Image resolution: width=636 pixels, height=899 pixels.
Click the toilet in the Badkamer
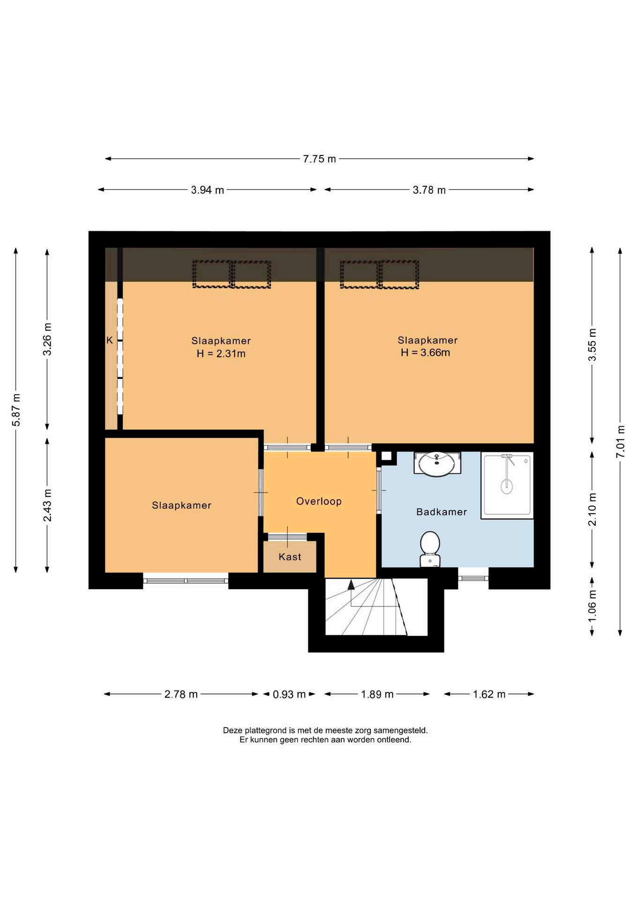tap(429, 549)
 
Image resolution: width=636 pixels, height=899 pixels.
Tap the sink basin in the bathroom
tap(437, 464)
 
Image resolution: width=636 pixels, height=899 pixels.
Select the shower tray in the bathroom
tap(507, 485)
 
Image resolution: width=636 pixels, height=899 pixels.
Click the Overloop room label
tap(319, 501)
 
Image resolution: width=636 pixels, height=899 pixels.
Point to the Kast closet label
tap(290, 557)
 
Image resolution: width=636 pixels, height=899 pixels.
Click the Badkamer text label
tap(442, 512)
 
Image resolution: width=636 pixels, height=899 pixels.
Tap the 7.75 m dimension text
tap(319, 159)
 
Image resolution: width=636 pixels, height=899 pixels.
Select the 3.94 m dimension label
tap(207, 190)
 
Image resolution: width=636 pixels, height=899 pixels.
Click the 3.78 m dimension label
tap(429, 190)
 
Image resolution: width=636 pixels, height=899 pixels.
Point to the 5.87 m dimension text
tap(16, 410)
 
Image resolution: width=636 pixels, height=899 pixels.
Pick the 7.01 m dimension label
tap(620, 441)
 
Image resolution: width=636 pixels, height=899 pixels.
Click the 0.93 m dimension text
tap(289, 694)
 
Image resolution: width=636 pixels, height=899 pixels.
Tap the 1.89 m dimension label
tap(377, 694)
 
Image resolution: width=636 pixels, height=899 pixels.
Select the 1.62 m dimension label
tap(489, 694)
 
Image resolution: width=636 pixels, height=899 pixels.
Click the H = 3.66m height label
tap(425, 353)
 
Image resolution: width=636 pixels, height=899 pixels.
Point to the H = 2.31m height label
tap(221, 354)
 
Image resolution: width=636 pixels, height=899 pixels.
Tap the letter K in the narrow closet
tap(110, 340)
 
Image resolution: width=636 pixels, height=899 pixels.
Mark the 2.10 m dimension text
tap(592, 509)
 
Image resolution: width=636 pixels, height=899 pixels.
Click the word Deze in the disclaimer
tap(233, 730)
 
